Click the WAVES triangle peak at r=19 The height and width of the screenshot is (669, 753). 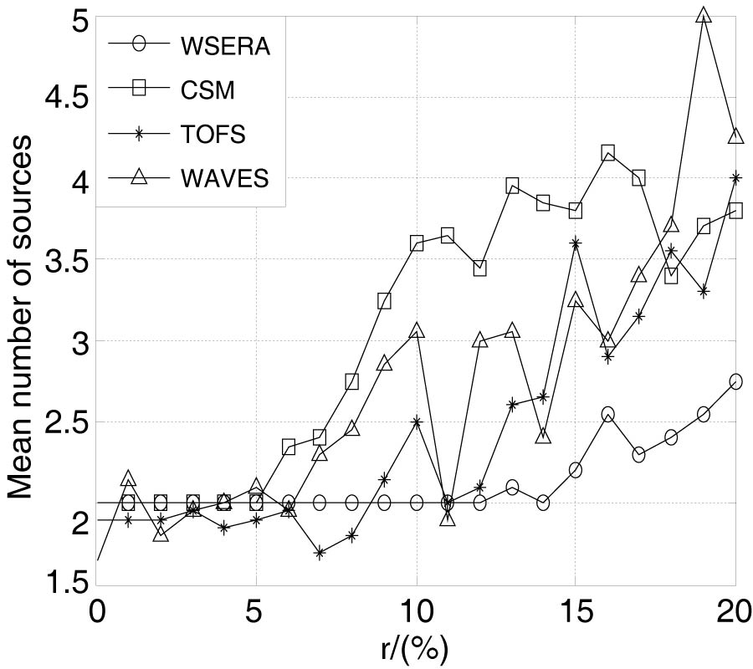click(704, 16)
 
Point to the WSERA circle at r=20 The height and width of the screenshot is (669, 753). click(735, 381)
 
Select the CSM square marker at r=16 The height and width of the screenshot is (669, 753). click(608, 153)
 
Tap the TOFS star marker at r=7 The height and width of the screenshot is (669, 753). click(320, 552)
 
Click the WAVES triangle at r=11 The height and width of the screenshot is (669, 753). click(448, 518)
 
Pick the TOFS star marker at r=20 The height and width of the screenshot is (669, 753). click(735, 177)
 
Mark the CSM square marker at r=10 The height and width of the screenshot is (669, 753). click(417, 243)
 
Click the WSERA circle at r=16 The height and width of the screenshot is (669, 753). click(608, 414)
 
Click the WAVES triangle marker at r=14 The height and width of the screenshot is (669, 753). click(544, 436)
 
